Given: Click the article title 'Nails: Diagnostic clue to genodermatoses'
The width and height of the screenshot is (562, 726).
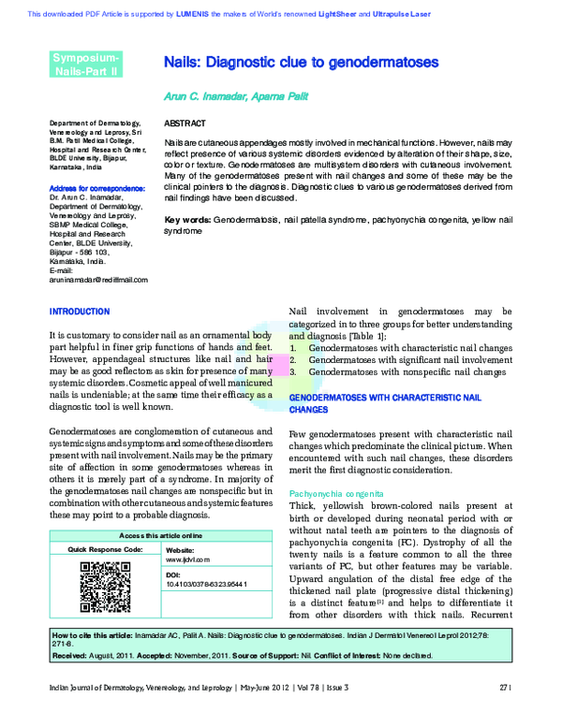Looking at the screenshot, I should [301, 63].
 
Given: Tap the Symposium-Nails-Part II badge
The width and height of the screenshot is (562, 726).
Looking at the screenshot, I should [85, 64].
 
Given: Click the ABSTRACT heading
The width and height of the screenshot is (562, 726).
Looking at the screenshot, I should [185, 123].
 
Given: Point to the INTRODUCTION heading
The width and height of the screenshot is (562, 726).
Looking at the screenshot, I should [79, 311].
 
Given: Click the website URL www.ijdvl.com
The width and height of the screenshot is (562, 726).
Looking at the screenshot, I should [187, 559].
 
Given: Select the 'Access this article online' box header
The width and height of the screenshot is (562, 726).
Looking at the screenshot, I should [160, 535].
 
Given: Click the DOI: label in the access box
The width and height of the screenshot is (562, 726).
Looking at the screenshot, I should [172, 574].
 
